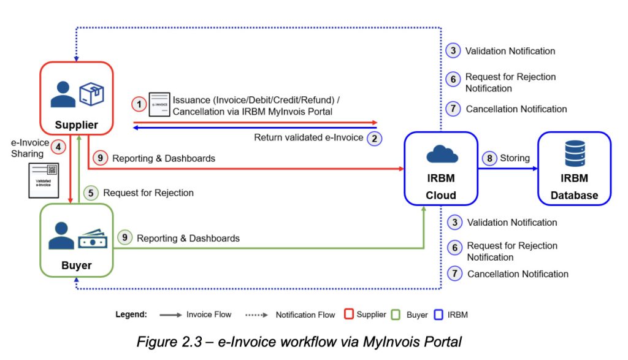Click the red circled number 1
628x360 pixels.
tap(139, 105)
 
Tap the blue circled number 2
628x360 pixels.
tap(374, 138)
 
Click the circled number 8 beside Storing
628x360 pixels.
tap(490, 158)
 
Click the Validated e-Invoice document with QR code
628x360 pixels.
tap(44, 180)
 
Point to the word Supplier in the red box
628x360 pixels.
tap(77, 125)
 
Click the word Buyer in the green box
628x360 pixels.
tap(77, 266)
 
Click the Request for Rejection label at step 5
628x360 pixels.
tap(148, 193)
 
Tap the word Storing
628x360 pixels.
tap(515, 158)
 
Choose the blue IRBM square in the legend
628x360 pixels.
tap(438, 315)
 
